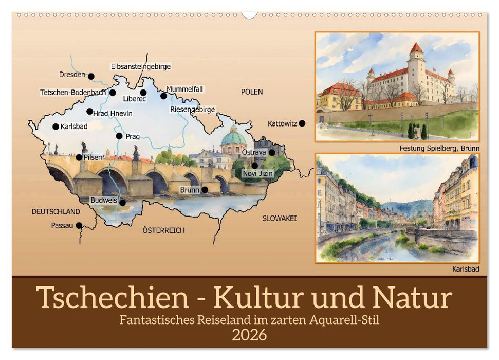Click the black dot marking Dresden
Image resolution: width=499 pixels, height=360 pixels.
pos(91,76)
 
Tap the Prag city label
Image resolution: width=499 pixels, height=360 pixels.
pos(132,137)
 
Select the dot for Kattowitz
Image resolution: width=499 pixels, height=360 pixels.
pos(302,123)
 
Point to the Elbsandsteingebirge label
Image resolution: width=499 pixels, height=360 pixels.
pos(140,66)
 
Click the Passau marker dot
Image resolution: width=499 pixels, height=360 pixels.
pos(79,225)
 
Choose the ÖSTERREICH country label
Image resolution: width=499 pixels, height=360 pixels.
pos(163,230)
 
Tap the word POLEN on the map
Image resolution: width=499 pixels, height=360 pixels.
pos(252,92)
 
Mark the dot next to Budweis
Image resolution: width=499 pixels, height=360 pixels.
pos(122,203)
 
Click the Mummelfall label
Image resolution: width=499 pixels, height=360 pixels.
pos(184,89)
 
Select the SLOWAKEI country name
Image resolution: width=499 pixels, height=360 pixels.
pos(280,218)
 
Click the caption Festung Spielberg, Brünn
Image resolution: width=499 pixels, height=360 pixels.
pos(439,148)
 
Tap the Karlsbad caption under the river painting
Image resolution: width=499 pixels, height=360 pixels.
pos(466,268)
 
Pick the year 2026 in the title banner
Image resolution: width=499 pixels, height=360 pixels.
pos(249,335)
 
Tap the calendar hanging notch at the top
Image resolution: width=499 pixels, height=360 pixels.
pos(249,14)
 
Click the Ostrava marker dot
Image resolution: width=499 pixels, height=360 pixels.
pos(271,152)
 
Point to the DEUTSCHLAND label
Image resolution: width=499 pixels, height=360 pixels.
pos(56,211)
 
